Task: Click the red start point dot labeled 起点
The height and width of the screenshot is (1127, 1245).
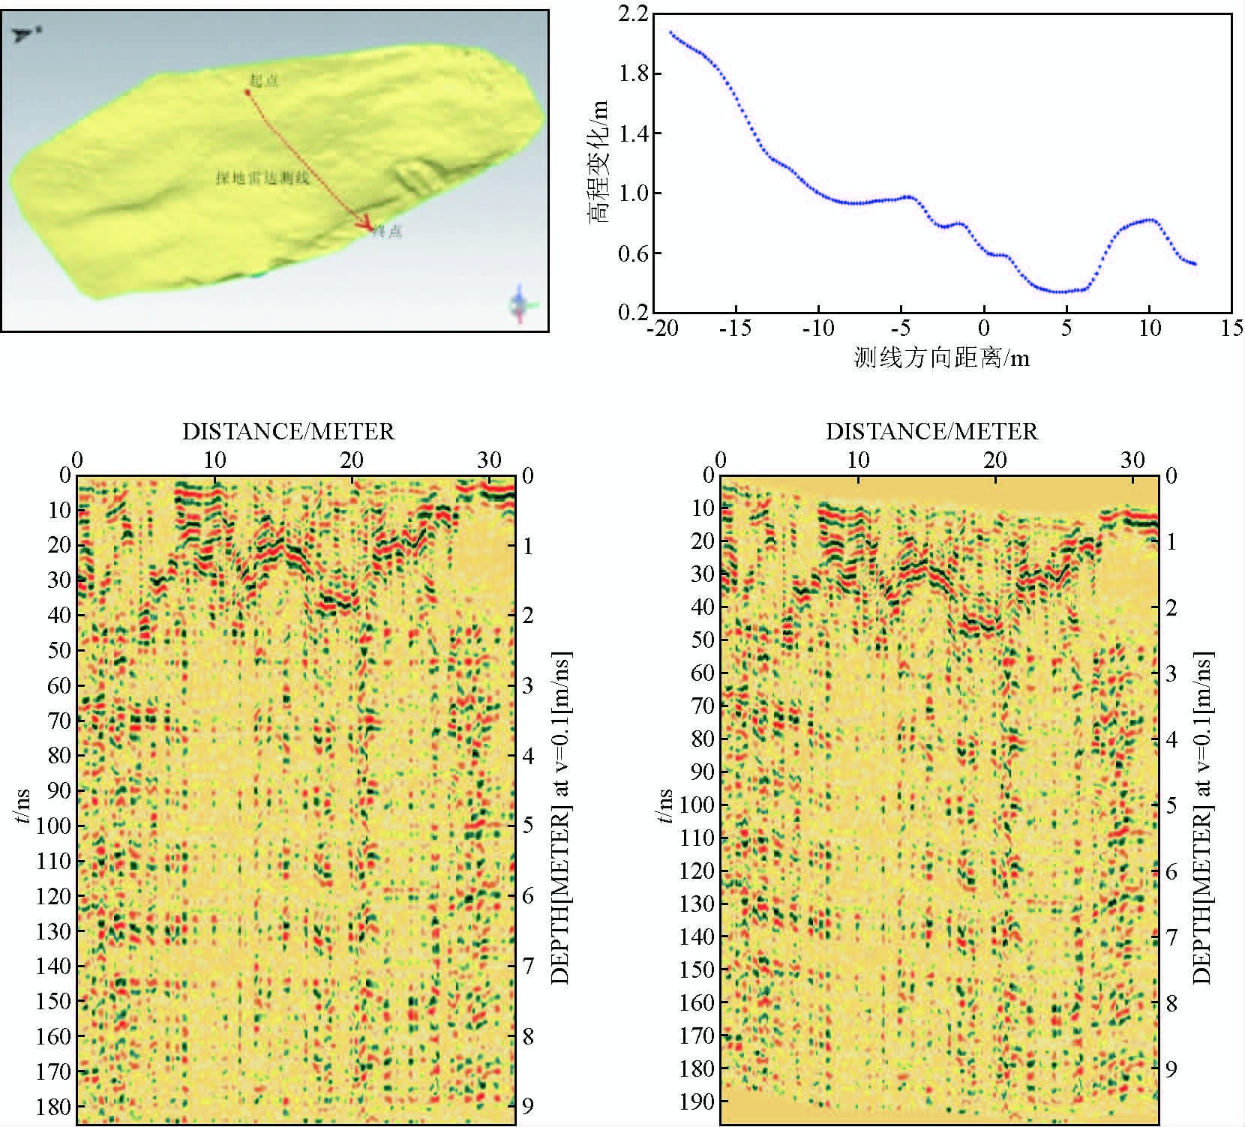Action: (247, 92)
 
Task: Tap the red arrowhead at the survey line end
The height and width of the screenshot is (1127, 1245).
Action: (367, 226)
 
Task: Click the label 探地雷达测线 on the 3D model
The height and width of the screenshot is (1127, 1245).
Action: (262, 178)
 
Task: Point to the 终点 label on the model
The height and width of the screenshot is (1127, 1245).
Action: (388, 232)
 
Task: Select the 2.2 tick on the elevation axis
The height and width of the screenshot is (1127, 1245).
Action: (634, 13)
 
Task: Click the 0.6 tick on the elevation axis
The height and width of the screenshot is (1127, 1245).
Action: (634, 253)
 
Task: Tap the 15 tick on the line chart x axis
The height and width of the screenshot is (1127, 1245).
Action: (1231, 328)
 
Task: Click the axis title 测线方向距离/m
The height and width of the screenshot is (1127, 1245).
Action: (941, 358)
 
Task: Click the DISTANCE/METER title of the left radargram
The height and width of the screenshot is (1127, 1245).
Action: (289, 431)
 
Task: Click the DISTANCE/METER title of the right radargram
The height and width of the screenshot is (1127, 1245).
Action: (931, 431)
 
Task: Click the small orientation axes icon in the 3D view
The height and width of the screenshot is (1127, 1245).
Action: (520, 304)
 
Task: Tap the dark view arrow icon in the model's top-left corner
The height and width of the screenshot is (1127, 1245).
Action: (25, 33)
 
